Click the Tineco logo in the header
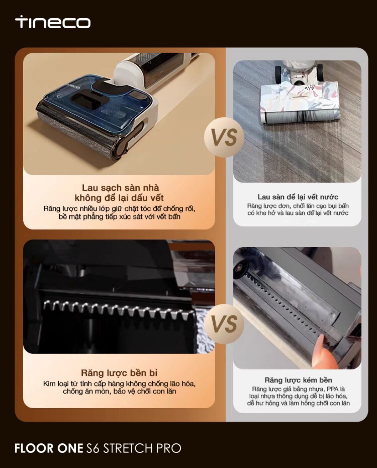click(x=52, y=22)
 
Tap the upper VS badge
click(x=224, y=137)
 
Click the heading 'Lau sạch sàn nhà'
click(x=120, y=188)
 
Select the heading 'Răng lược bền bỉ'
click(x=119, y=373)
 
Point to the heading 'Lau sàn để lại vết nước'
click(x=298, y=197)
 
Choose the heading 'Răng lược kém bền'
click(x=298, y=380)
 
